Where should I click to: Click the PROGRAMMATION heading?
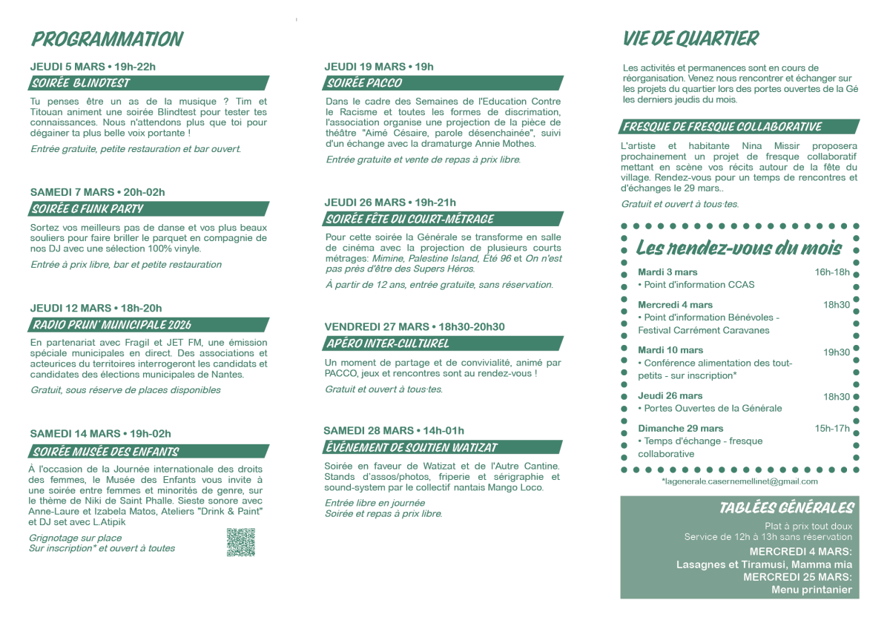click(x=107, y=39)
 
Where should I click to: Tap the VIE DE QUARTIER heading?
click(x=690, y=39)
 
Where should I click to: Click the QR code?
click(x=240, y=542)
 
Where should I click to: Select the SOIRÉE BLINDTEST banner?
click(x=148, y=83)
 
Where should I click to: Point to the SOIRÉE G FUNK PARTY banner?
click(x=148, y=209)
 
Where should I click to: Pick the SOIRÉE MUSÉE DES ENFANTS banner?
click(x=148, y=451)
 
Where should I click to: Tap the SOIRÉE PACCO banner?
click(x=443, y=83)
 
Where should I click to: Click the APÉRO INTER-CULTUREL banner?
click(x=443, y=343)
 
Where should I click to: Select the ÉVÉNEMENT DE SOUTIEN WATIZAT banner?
click(x=443, y=447)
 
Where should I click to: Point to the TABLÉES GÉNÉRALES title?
click(x=786, y=508)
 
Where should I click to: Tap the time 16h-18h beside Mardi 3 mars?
click(x=832, y=272)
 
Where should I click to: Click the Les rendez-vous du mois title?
click(x=739, y=248)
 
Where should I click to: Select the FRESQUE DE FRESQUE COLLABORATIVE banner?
click(x=739, y=127)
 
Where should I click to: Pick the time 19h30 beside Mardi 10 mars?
click(x=836, y=352)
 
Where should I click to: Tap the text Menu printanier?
click(x=811, y=590)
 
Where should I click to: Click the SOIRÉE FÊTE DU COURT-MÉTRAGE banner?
click(x=443, y=219)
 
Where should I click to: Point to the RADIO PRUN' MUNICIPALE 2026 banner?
click(x=148, y=324)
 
